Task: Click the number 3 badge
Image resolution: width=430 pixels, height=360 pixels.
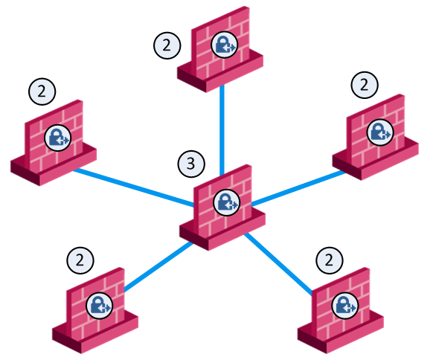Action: pos(191,164)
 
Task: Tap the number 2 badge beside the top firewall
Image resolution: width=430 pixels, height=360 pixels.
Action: pos(167,45)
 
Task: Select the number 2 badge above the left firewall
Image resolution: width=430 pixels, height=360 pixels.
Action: pos(42,91)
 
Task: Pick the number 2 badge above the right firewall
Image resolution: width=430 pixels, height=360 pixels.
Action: pos(365,85)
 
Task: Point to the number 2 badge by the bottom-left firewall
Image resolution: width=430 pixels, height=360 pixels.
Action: pos(80,260)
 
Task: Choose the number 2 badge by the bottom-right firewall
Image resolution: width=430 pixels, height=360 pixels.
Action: pos(330,260)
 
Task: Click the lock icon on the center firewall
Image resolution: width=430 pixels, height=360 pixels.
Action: pos(226,202)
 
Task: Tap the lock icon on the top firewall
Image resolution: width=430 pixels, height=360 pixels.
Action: pos(225,45)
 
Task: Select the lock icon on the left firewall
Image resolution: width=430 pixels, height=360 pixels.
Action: pos(57,138)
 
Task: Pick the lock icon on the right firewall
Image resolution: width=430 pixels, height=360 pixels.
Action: pos(380,132)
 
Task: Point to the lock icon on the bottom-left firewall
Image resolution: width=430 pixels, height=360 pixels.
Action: pos(99,306)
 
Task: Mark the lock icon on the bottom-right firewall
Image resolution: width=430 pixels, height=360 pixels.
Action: pos(345,306)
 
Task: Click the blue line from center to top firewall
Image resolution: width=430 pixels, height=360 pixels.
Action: pos(222,130)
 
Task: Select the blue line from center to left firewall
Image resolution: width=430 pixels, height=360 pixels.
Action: pos(134,187)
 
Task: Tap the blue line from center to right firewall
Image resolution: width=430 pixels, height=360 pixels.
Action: pos(298,188)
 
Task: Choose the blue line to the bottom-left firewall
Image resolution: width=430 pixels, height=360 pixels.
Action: pos(158,266)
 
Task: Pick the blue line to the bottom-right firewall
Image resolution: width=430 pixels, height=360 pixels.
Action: pos(278,264)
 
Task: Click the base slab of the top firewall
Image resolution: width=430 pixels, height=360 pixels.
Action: pos(220,72)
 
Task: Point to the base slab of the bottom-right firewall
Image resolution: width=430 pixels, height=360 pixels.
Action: pos(341,333)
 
